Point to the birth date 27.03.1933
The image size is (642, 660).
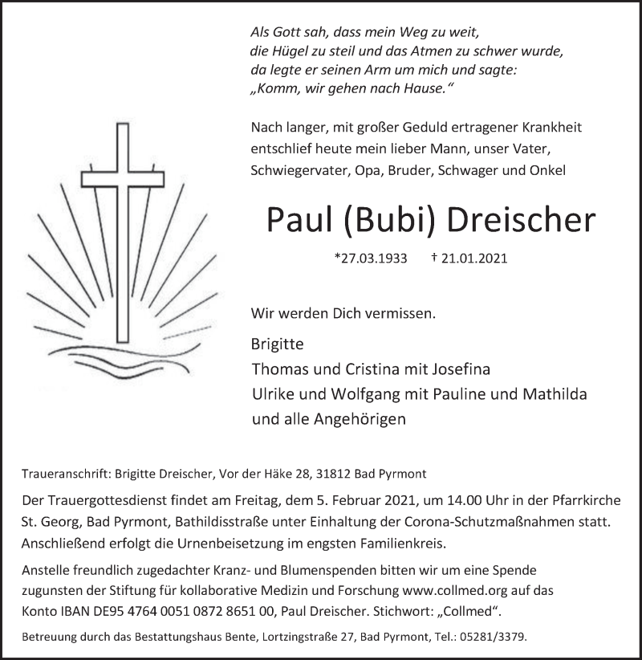pyautogui.click(x=371, y=259)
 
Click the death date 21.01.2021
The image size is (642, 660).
pyautogui.click(x=469, y=259)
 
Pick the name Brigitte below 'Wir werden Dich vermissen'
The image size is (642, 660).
pyautogui.click(x=278, y=344)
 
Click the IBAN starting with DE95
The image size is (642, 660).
pyautogui.click(x=171, y=612)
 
